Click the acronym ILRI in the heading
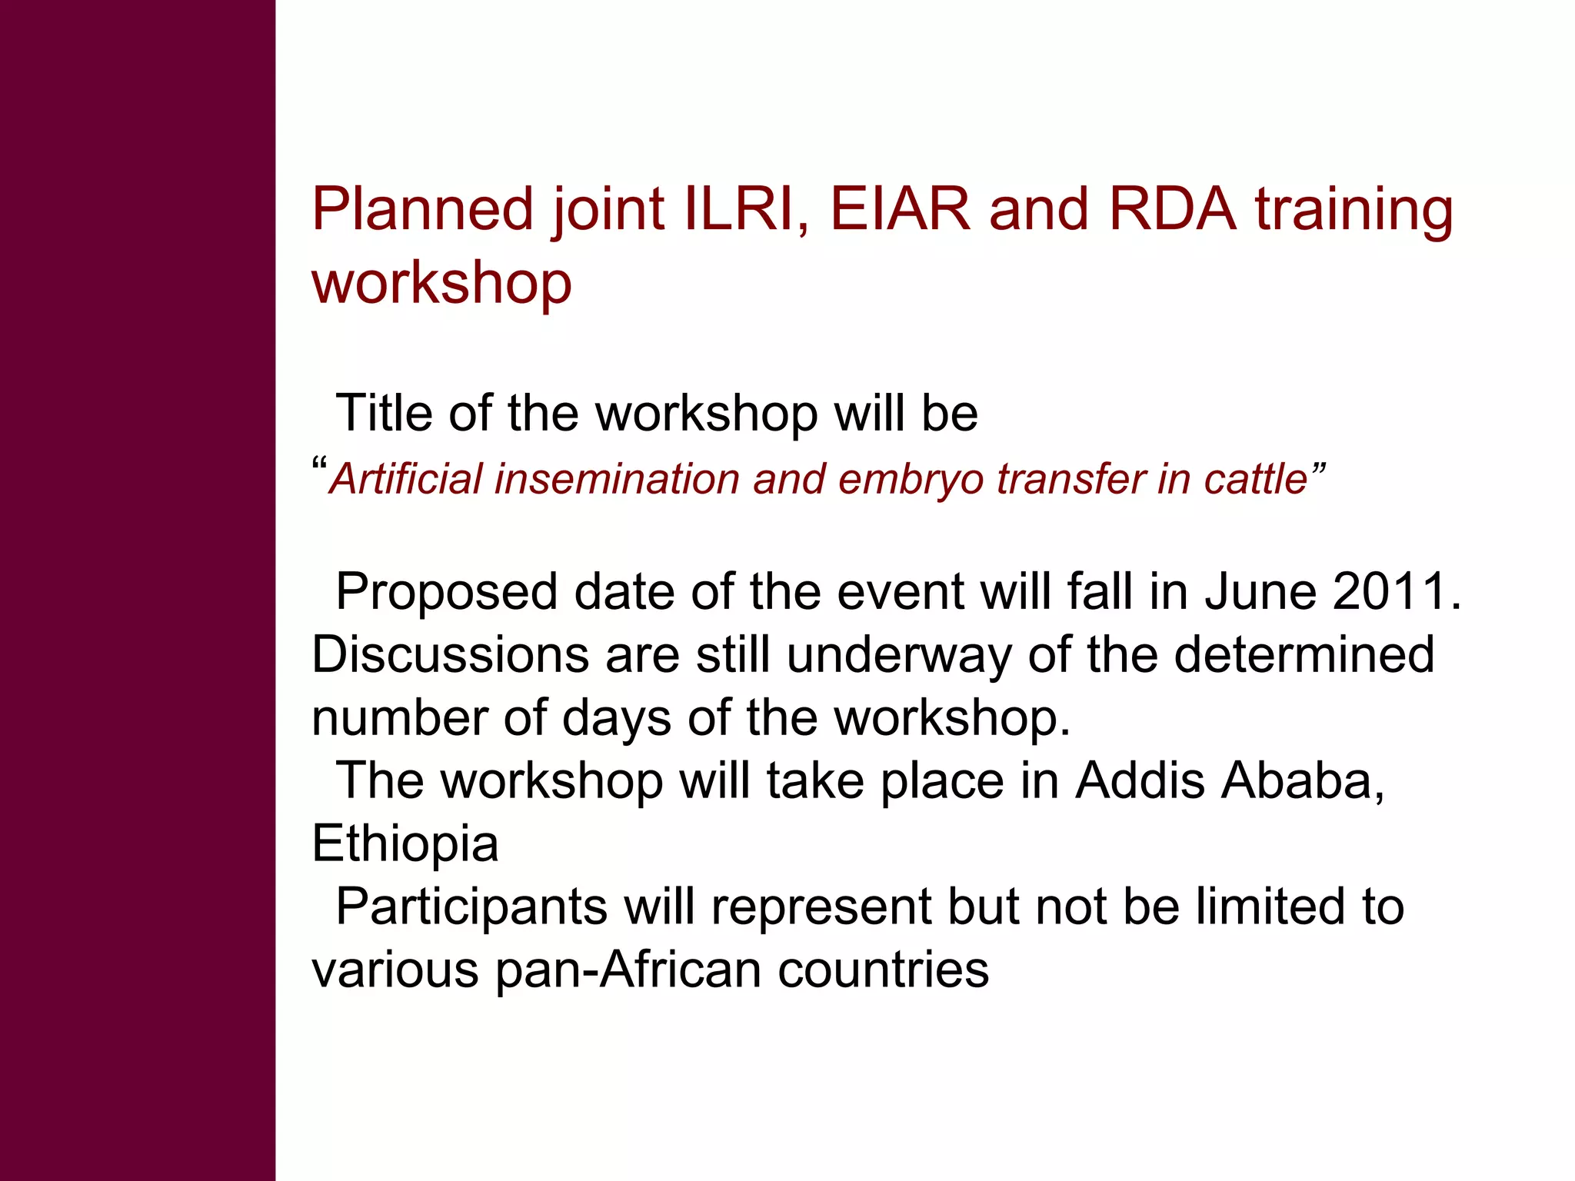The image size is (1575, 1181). pos(739,209)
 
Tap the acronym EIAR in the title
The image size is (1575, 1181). pos(900,209)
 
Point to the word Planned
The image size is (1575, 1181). pos(422,209)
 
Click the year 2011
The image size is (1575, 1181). pos(1396,592)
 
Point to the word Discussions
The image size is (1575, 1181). pos(450,655)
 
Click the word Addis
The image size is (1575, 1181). pos(1140,781)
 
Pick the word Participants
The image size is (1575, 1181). pos(472,908)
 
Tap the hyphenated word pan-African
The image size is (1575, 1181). pos(628,970)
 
